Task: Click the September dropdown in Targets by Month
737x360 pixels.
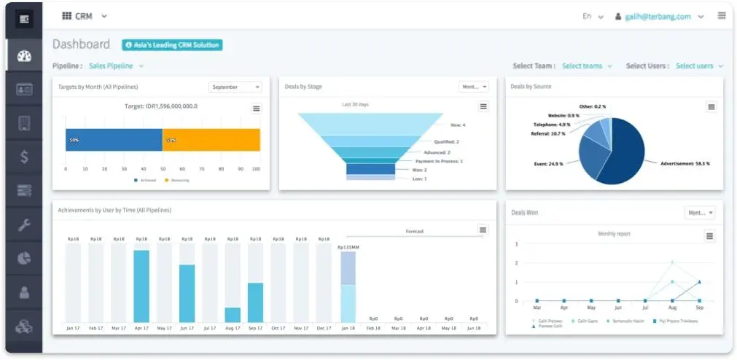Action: (x=235, y=87)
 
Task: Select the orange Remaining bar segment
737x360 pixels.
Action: (x=211, y=140)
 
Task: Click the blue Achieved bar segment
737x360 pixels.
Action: (x=114, y=140)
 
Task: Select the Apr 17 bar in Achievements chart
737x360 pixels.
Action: (x=141, y=286)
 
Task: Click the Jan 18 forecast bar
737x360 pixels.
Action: (x=348, y=286)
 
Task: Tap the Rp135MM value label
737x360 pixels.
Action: (x=348, y=247)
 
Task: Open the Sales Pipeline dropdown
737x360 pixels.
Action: (x=115, y=66)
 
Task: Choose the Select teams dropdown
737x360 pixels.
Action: (x=586, y=66)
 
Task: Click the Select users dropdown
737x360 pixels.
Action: (x=698, y=66)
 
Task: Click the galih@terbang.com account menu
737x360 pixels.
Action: (x=659, y=16)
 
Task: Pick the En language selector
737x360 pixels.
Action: (x=593, y=16)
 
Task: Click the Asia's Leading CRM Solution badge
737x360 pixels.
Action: (x=172, y=45)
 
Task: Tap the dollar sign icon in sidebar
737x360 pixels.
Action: (x=24, y=157)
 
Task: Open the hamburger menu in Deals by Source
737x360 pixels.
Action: (x=711, y=107)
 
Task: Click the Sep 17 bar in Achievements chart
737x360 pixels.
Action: (x=255, y=302)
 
